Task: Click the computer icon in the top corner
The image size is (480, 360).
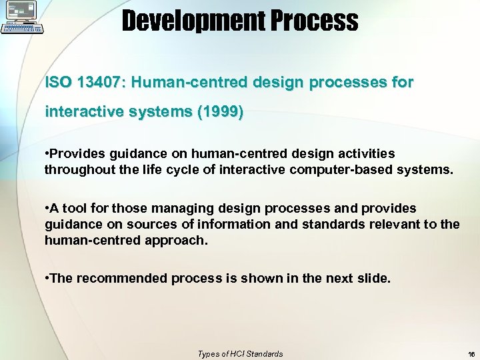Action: (x=23, y=18)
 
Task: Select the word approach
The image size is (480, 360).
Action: (x=176, y=239)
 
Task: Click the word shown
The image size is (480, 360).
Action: (x=251, y=278)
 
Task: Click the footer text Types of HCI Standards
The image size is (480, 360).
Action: (x=240, y=354)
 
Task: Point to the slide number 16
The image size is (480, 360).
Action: (x=471, y=354)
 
